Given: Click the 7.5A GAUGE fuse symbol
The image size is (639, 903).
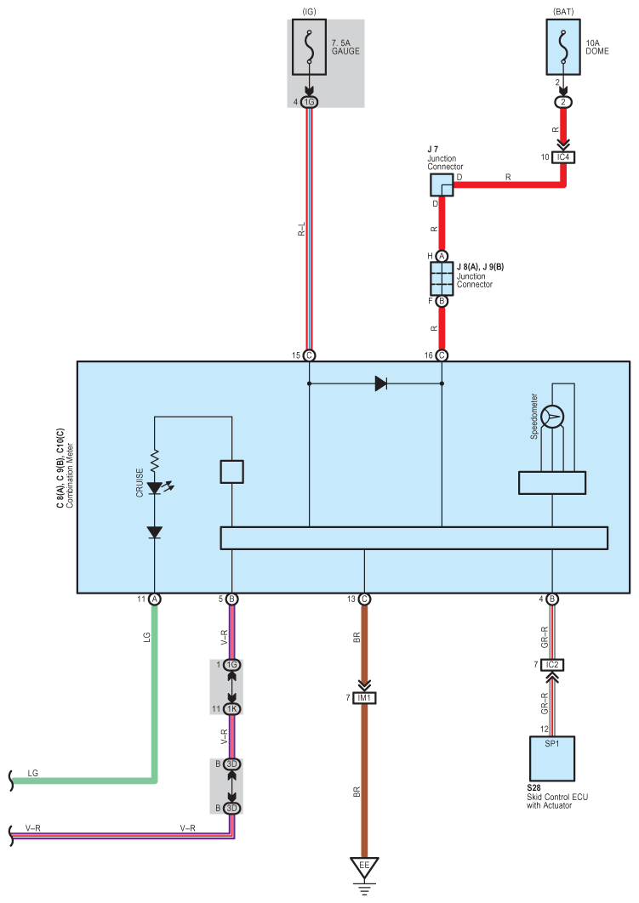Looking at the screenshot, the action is pyautogui.click(x=310, y=48).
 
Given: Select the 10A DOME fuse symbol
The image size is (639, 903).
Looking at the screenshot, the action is pyautogui.click(x=563, y=48).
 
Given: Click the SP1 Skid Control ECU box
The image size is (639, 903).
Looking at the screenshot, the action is pyautogui.click(x=552, y=758).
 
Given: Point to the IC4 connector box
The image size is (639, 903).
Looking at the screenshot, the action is pyautogui.click(x=563, y=157).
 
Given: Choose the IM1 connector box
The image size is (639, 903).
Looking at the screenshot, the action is pyautogui.click(x=364, y=698).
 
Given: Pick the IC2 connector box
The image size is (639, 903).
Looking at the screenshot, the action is pyautogui.click(x=552, y=665).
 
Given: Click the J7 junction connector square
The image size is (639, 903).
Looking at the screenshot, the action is pyautogui.click(x=442, y=185).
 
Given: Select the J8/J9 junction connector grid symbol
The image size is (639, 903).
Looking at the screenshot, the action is pyautogui.click(x=442, y=279).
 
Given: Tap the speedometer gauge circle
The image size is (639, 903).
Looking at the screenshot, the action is pyautogui.click(x=552, y=417).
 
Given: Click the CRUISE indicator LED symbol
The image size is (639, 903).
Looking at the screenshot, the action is pyautogui.click(x=154, y=488).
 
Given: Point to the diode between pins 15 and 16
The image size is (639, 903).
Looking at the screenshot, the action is pyautogui.click(x=381, y=383).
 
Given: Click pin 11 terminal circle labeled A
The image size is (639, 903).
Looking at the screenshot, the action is pyautogui.click(x=154, y=599).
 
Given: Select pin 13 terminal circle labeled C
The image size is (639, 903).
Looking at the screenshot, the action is pyautogui.click(x=364, y=599).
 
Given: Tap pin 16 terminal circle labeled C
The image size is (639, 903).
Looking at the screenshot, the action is pyautogui.click(x=442, y=355).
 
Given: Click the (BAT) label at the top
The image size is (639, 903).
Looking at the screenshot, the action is pyautogui.click(x=563, y=12).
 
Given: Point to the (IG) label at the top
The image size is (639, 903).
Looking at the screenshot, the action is pyautogui.click(x=310, y=12).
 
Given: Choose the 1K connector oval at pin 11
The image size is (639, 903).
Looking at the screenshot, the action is pyautogui.click(x=231, y=709).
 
